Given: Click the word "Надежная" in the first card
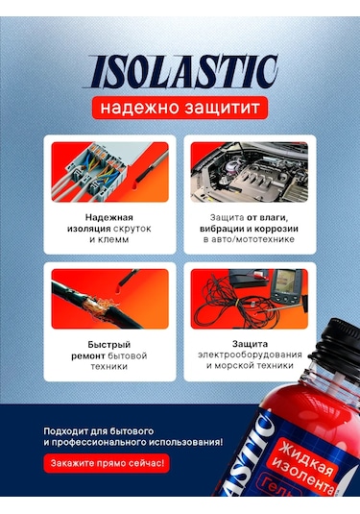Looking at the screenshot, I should point(107,217).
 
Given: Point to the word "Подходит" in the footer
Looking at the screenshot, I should point(68,429).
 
